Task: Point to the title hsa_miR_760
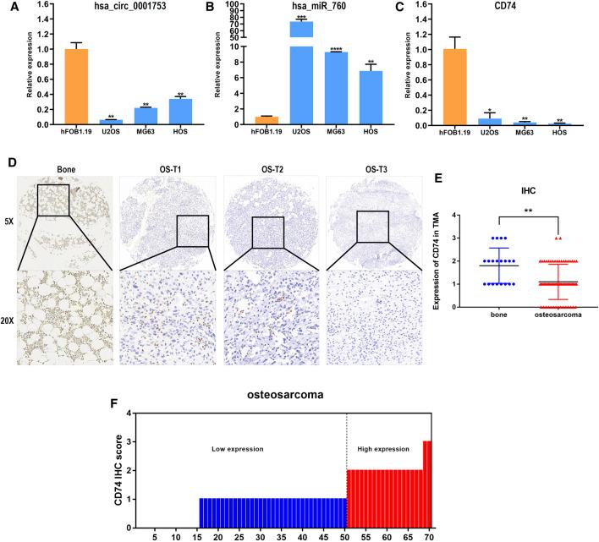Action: pos(318,7)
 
